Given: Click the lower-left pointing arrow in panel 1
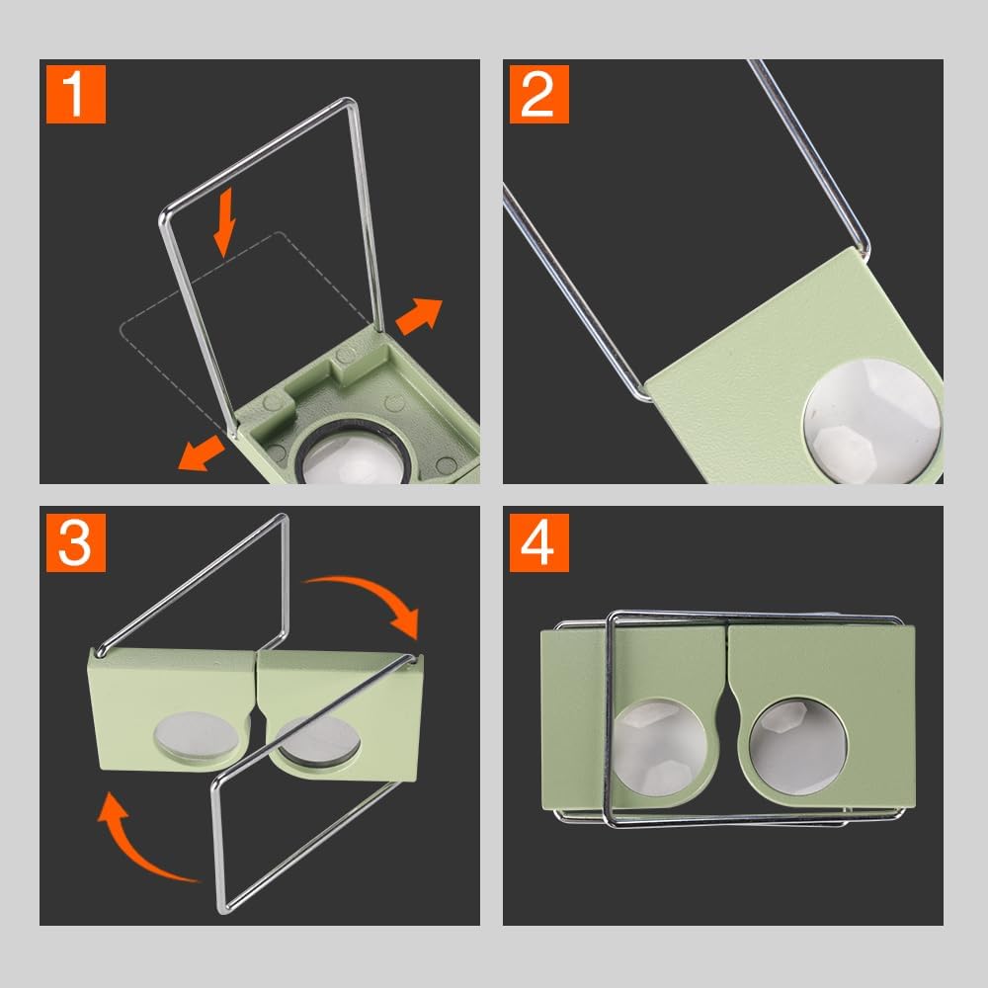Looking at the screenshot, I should (201, 452).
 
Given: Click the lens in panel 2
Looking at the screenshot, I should (871, 421).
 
